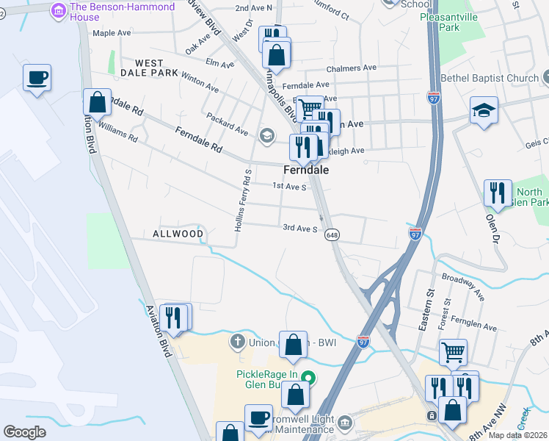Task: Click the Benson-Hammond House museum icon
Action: [58, 10]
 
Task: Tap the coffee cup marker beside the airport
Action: [37, 77]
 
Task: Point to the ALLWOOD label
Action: [178, 234]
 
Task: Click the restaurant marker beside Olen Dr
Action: [498, 193]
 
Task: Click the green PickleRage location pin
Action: [309, 379]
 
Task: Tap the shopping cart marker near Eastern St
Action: [453, 352]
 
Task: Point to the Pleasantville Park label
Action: [450, 21]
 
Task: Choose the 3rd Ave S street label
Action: [299, 228]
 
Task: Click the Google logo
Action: [24, 432]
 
